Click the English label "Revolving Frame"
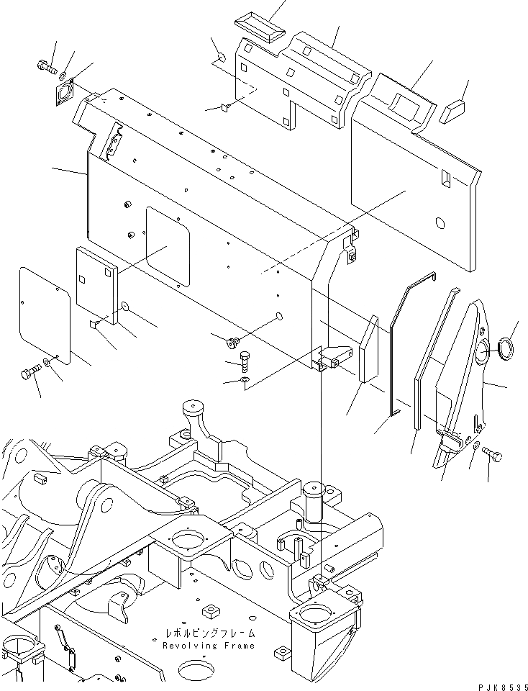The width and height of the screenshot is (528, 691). [208, 646]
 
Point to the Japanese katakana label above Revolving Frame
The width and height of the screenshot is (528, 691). [208, 635]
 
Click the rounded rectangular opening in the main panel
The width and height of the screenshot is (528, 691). [168, 245]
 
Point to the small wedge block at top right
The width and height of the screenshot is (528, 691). [455, 110]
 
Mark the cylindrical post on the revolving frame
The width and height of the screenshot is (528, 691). [314, 500]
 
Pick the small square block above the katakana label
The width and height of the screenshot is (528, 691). [210, 610]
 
